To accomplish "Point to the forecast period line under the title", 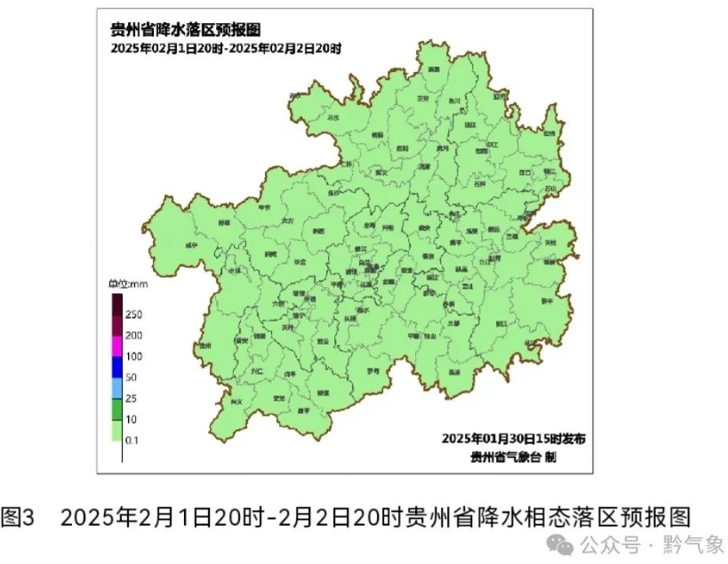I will pyautogui.click(x=227, y=48).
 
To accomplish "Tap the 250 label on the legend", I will pyautogui.click(x=133, y=314).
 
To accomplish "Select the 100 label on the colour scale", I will pyautogui.click(x=133, y=356).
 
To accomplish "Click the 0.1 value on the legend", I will pyautogui.click(x=132, y=440).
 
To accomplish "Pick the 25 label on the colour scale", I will pyautogui.click(x=131, y=398).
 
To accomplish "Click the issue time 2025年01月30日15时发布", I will pyautogui.click(x=514, y=439).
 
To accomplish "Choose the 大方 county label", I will pyautogui.click(x=286, y=219).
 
